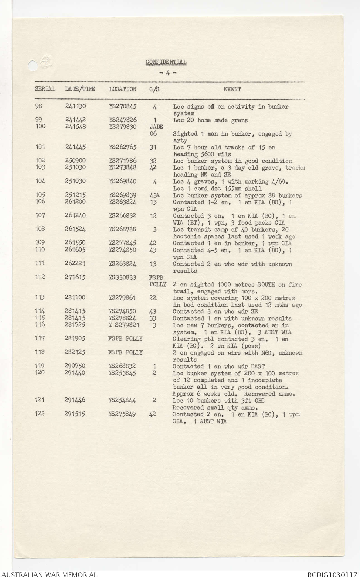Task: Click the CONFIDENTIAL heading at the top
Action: [166, 62]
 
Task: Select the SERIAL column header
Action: [45, 89]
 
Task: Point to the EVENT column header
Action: [232, 89]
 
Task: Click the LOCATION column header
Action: [123, 89]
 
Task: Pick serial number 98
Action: [39, 106]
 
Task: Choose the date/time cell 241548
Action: [75, 126]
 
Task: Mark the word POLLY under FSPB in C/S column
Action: [158, 284]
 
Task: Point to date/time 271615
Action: [75, 277]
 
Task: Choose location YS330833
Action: [123, 277]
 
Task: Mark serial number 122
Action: [40, 414]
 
